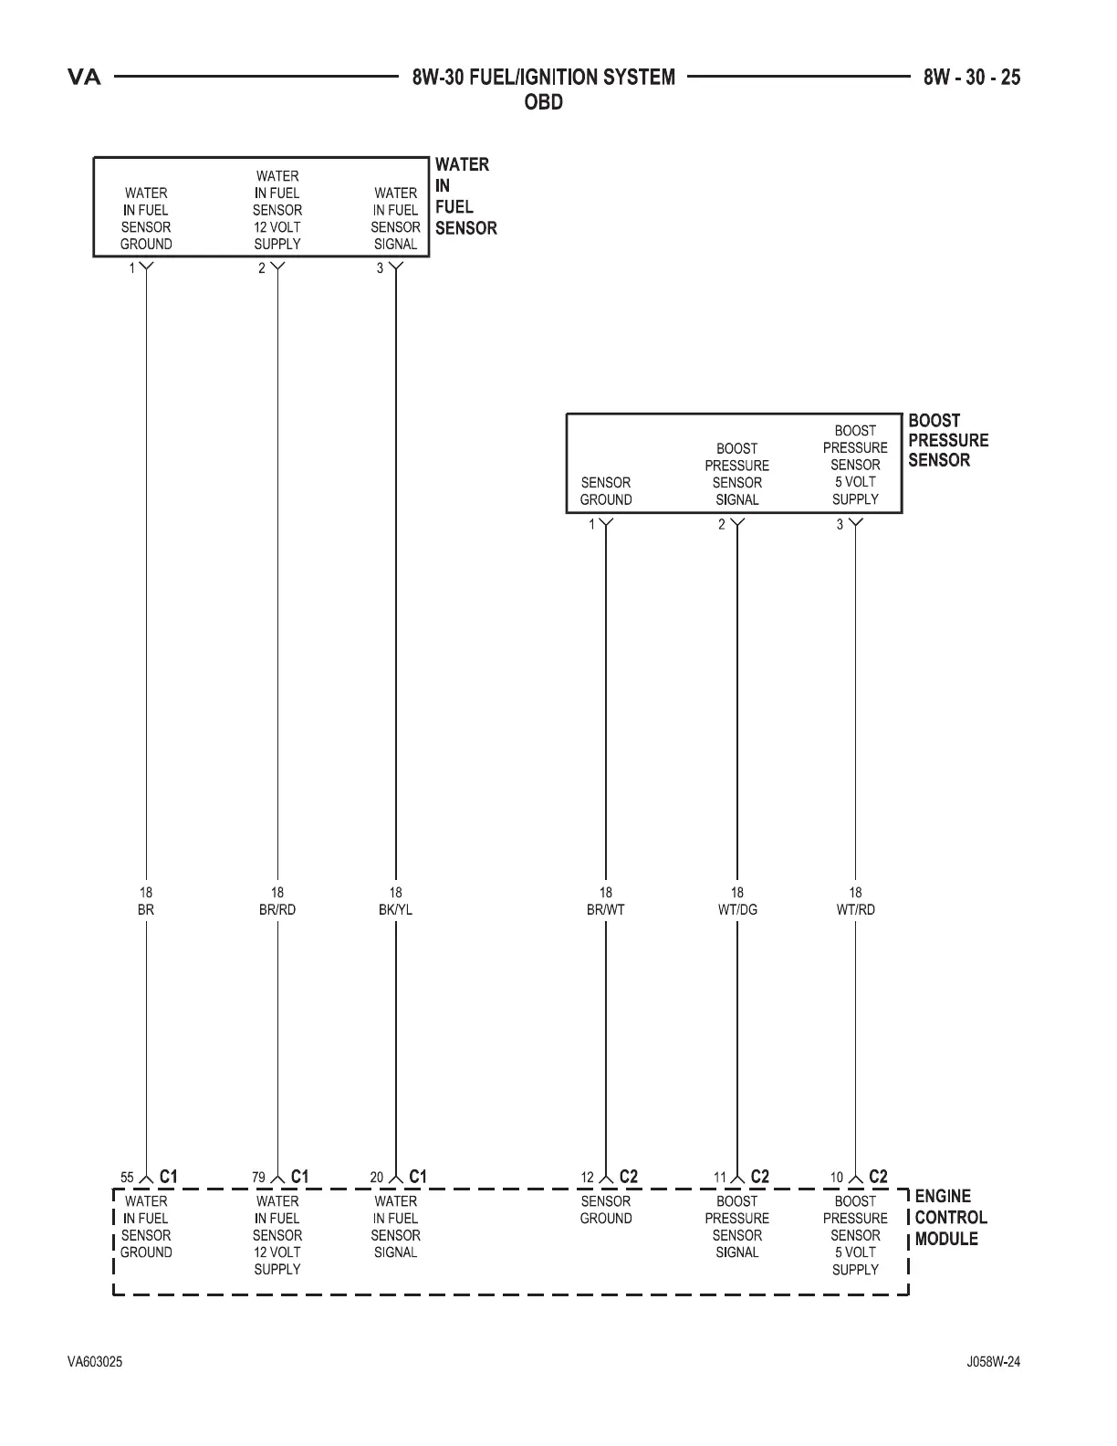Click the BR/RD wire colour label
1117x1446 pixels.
click(277, 910)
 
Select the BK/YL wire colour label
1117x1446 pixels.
click(395, 910)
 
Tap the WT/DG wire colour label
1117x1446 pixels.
click(736, 910)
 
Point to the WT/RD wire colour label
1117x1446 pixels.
click(855, 910)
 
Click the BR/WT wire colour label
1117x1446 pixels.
click(606, 910)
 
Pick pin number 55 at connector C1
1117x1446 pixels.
click(128, 1179)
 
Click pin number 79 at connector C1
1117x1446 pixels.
click(259, 1179)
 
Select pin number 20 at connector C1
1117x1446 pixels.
click(377, 1179)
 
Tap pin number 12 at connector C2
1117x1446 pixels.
click(588, 1179)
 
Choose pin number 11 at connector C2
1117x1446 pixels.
click(719, 1179)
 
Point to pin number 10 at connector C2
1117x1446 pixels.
click(837, 1179)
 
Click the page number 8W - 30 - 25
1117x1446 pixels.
click(971, 78)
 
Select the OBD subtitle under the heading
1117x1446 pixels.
click(543, 102)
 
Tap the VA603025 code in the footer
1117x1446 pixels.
click(95, 1362)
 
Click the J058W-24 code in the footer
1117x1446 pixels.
click(993, 1362)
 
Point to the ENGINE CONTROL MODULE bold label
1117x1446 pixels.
click(950, 1218)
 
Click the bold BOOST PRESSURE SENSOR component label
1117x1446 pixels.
click(948, 441)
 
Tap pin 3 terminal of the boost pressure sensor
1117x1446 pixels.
click(855, 524)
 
